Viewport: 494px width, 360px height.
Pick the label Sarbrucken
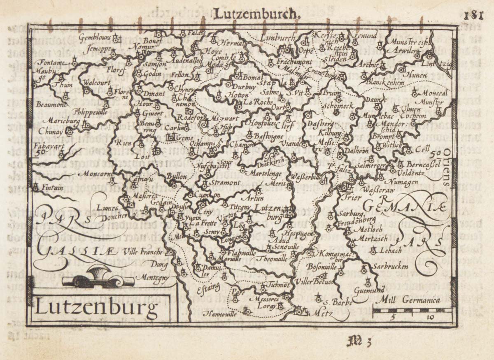coord(387,266)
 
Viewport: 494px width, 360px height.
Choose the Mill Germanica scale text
coord(411,300)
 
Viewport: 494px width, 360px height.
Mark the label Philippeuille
coord(91,111)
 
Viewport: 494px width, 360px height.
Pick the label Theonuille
coord(272,259)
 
